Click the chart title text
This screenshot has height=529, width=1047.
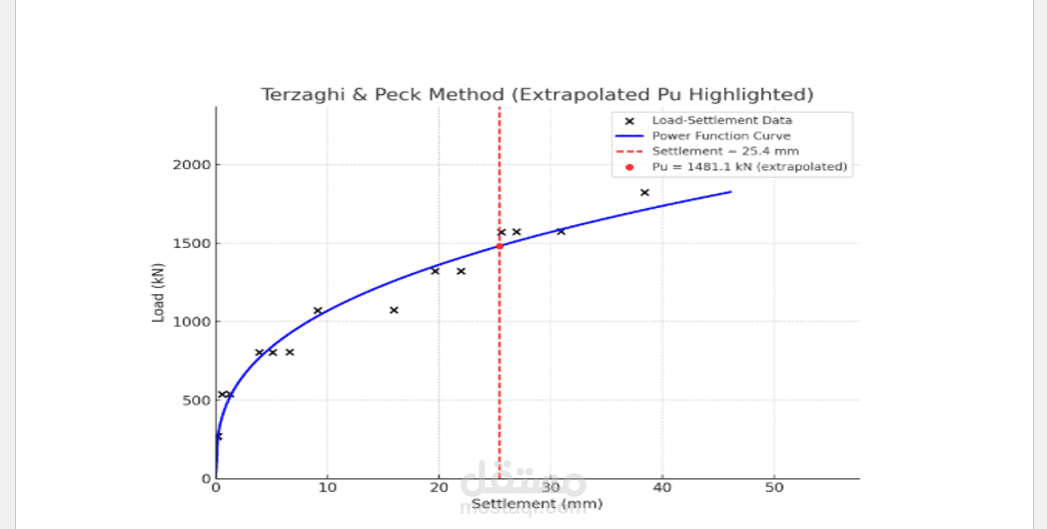tap(536, 95)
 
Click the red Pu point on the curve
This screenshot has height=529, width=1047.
tap(500, 246)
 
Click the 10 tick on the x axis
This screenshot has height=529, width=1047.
tap(327, 487)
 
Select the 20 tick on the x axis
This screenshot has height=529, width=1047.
tap(439, 487)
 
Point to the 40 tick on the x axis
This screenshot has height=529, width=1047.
tap(661, 487)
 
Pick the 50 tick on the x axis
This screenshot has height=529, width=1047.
tap(773, 487)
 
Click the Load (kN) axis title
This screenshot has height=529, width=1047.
tap(158, 299)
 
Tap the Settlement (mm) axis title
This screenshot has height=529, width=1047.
tap(536, 504)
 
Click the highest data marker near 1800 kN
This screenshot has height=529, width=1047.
tap(644, 192)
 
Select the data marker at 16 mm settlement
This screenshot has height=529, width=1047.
tap(394, 310)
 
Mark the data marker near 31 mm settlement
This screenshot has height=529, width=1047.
tap(560, 231)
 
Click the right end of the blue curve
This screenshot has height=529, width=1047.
tap(730, 192)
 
